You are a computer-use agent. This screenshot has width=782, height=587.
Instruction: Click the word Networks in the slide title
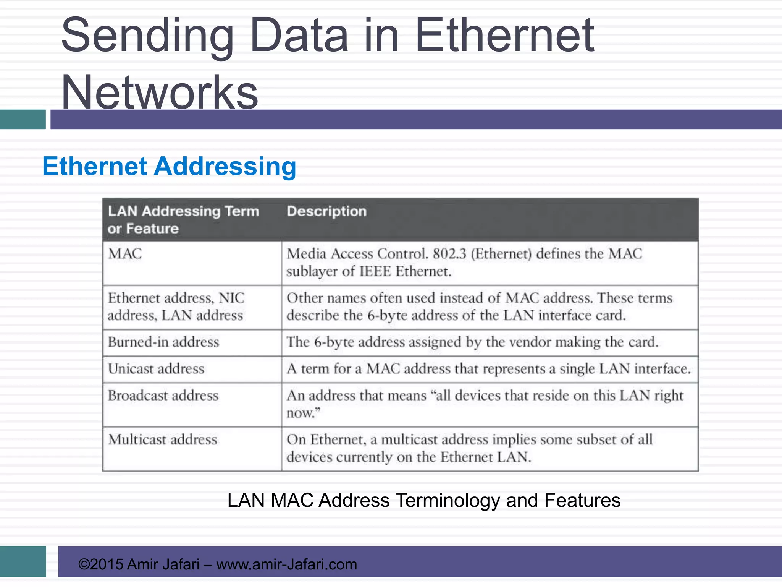160,92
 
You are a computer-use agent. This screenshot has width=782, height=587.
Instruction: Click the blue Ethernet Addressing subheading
169,167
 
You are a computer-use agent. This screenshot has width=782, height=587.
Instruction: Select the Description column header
326,211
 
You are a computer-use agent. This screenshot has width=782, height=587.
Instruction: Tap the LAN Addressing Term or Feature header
183,220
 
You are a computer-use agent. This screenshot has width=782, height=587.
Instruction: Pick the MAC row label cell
125,254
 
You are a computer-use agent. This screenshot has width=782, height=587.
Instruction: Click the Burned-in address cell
163,342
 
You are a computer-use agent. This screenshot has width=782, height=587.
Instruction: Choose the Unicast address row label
156,369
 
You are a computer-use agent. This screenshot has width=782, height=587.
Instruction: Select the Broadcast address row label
163,396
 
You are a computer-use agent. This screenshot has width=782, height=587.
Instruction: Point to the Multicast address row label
163,439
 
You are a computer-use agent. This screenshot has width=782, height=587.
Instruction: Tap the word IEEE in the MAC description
375,271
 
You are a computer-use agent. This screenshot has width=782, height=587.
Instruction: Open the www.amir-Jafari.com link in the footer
286,564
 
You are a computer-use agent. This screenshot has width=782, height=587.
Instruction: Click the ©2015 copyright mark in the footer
100,564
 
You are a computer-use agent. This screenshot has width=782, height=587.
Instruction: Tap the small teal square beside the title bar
23,119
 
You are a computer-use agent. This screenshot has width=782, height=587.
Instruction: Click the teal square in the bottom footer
23,561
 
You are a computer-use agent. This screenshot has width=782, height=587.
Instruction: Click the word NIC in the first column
231,298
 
